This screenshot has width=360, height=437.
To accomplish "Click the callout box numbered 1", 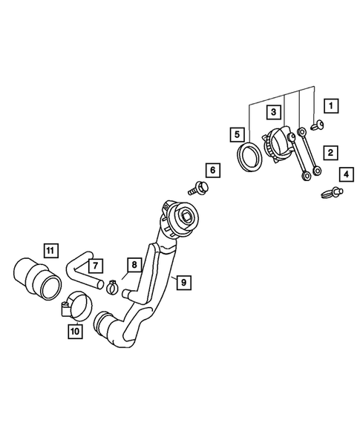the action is click(x=331, y=106).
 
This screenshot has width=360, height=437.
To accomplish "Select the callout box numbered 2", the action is click(x=331, y=153).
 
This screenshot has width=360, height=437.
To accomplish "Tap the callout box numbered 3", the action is click(x=273, y=112).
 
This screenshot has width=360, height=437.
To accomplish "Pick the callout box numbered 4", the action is click(x=347, y=174).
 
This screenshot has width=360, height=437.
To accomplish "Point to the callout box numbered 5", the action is click(x=237, y=134).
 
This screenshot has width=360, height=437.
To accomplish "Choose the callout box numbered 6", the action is click(x=213, y=170).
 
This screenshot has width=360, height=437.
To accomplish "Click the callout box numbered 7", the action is click(x=96, y=266).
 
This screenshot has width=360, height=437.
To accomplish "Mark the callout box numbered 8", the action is click(x=134, y=264).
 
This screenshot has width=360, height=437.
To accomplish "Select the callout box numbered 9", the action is click(x=184, y=283).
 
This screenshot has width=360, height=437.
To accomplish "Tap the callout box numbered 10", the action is click(x=75, y=331).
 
